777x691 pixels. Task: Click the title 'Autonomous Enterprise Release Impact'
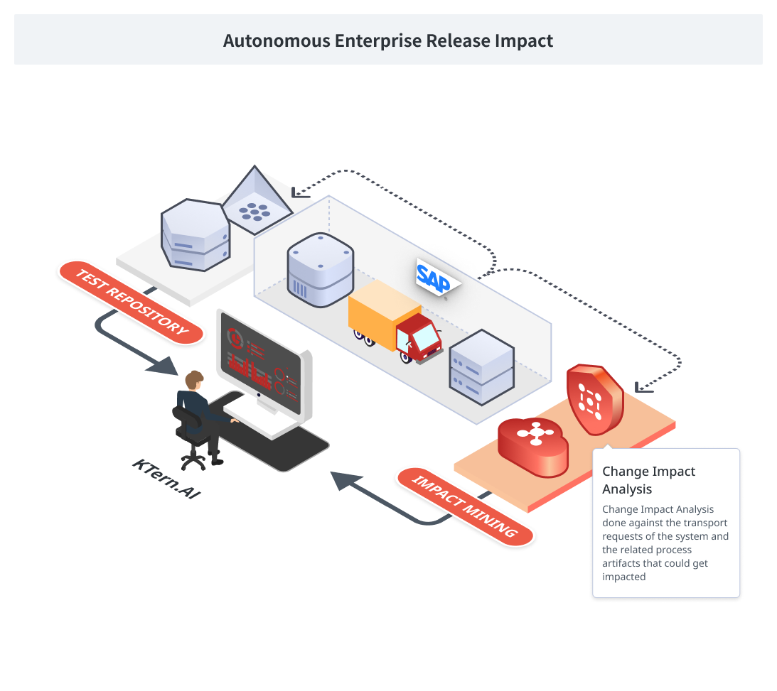click(388, 40)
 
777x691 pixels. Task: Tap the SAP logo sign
click(435, 277)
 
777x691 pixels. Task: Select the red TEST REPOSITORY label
click(132, 303)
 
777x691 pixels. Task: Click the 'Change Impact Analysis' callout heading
click(648, 480)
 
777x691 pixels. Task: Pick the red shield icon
click(594, 399)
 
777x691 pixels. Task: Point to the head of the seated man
click(193, 380)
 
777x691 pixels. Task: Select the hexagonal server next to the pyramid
click(195, 234)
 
